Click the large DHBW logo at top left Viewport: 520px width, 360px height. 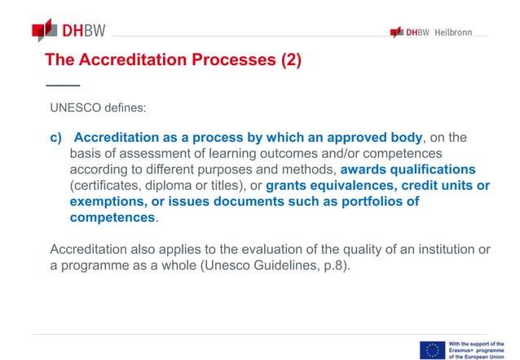[x=69, y=32]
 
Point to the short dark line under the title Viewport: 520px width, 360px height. [x=63, y=85]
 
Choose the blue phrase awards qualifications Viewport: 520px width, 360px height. [x=408, y=169]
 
